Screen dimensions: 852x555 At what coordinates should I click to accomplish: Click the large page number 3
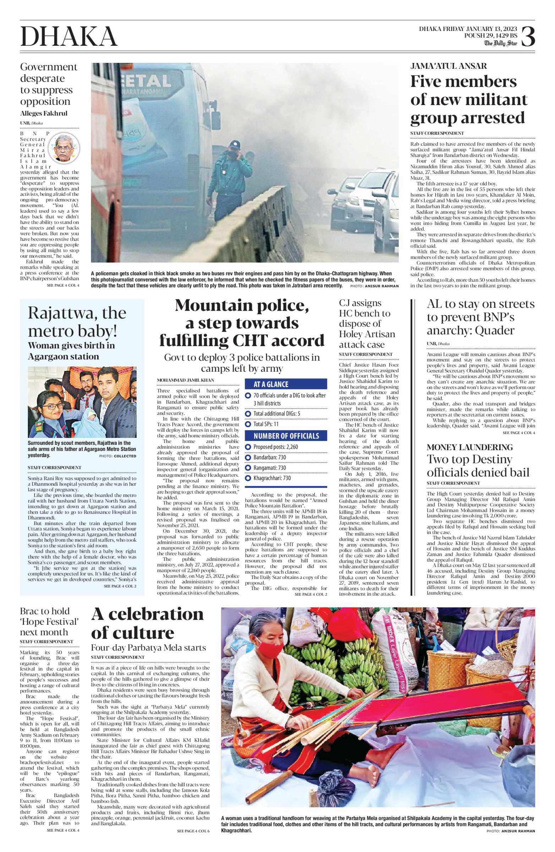point(528,36)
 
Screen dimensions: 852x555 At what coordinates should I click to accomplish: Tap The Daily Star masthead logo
point(501,43)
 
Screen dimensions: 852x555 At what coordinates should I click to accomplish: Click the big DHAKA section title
point(69,37)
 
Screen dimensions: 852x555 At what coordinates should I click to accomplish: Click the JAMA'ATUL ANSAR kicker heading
point(448,66)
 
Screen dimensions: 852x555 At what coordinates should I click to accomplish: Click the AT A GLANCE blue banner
point(285,384)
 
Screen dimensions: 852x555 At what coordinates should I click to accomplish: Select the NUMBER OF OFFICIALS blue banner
point(285,436)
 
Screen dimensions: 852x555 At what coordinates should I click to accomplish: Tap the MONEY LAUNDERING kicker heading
point(469,447)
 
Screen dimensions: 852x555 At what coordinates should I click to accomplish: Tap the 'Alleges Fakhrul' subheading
point(44,114)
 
